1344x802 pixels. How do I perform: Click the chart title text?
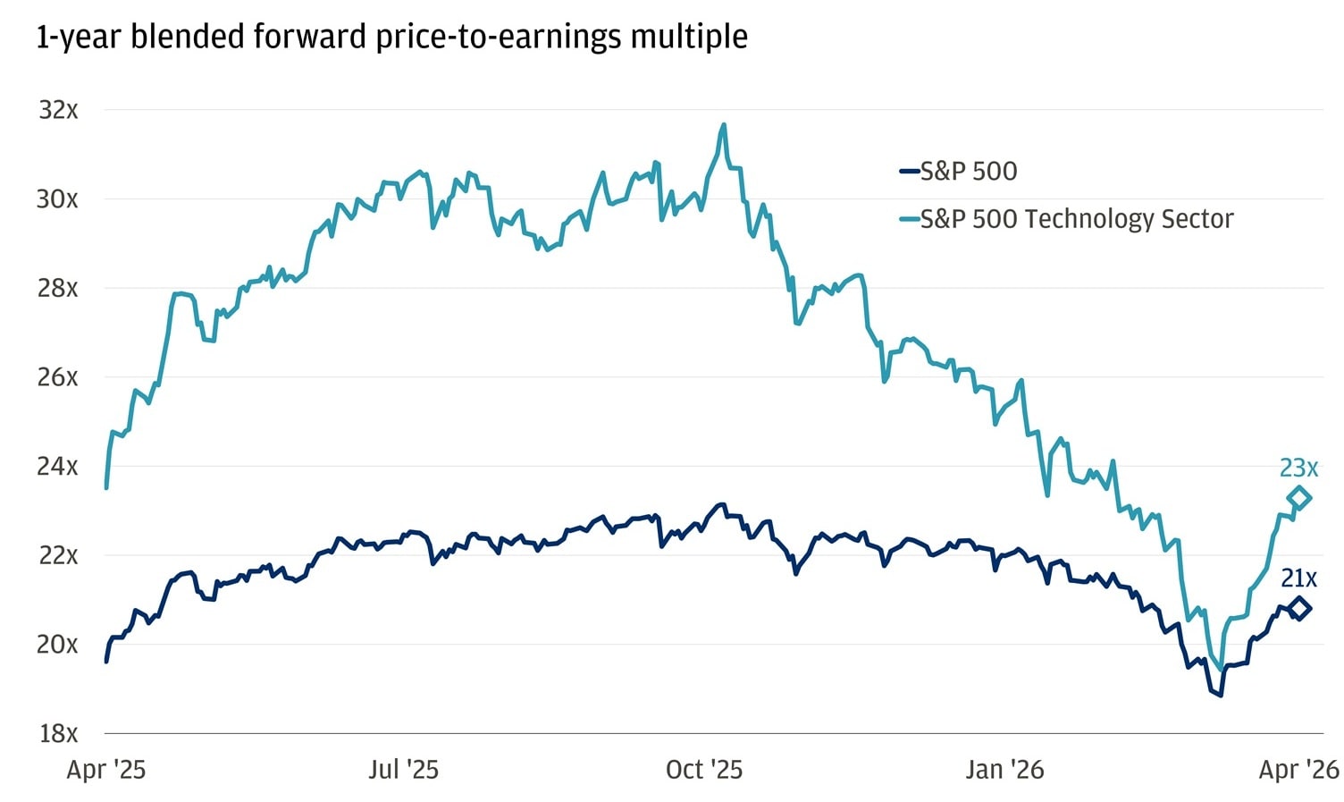click(391, 38)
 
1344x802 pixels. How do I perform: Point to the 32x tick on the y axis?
click(58, 110)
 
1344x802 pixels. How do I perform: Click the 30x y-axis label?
click(57, 199)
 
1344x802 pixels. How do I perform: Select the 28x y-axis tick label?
click(57, 289)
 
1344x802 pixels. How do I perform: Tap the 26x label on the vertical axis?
click(57, 377)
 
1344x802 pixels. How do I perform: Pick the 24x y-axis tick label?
click(57, 467)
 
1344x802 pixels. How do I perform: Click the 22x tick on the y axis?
click(57, 555)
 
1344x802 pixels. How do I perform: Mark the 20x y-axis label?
click(57, 645)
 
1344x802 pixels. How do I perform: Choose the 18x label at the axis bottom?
click(58, 734)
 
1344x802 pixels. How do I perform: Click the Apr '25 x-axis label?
click(105, 770)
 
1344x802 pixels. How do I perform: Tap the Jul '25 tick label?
click(403, 770)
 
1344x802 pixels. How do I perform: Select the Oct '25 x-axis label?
click(704, 770)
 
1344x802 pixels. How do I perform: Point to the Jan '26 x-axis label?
click(1004, 770)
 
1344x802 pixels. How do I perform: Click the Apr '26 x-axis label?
click(1298, 770)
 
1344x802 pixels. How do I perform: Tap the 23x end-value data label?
click(1298, 468)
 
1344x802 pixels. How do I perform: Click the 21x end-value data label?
click(1298, 578)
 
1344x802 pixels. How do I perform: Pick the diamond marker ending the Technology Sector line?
click(1299, 498)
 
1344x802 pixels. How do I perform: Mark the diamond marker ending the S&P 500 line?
click(1299, 609)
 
